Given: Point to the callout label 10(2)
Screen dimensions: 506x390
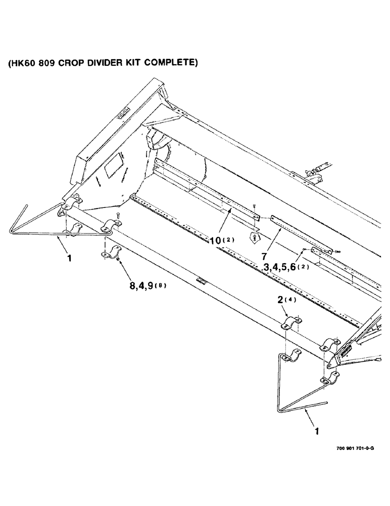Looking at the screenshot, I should pos(220,241).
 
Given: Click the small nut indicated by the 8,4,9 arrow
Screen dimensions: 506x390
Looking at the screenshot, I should pos(117,261).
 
